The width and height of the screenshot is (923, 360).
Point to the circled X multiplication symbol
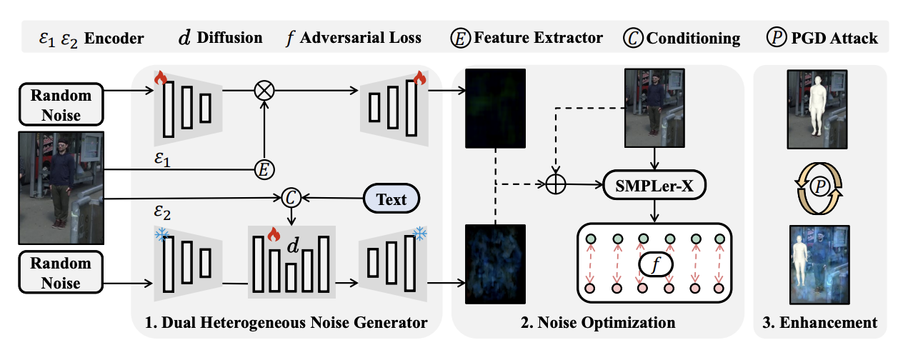[264, 91]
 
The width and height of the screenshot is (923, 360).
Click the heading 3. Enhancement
[821, 323]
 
